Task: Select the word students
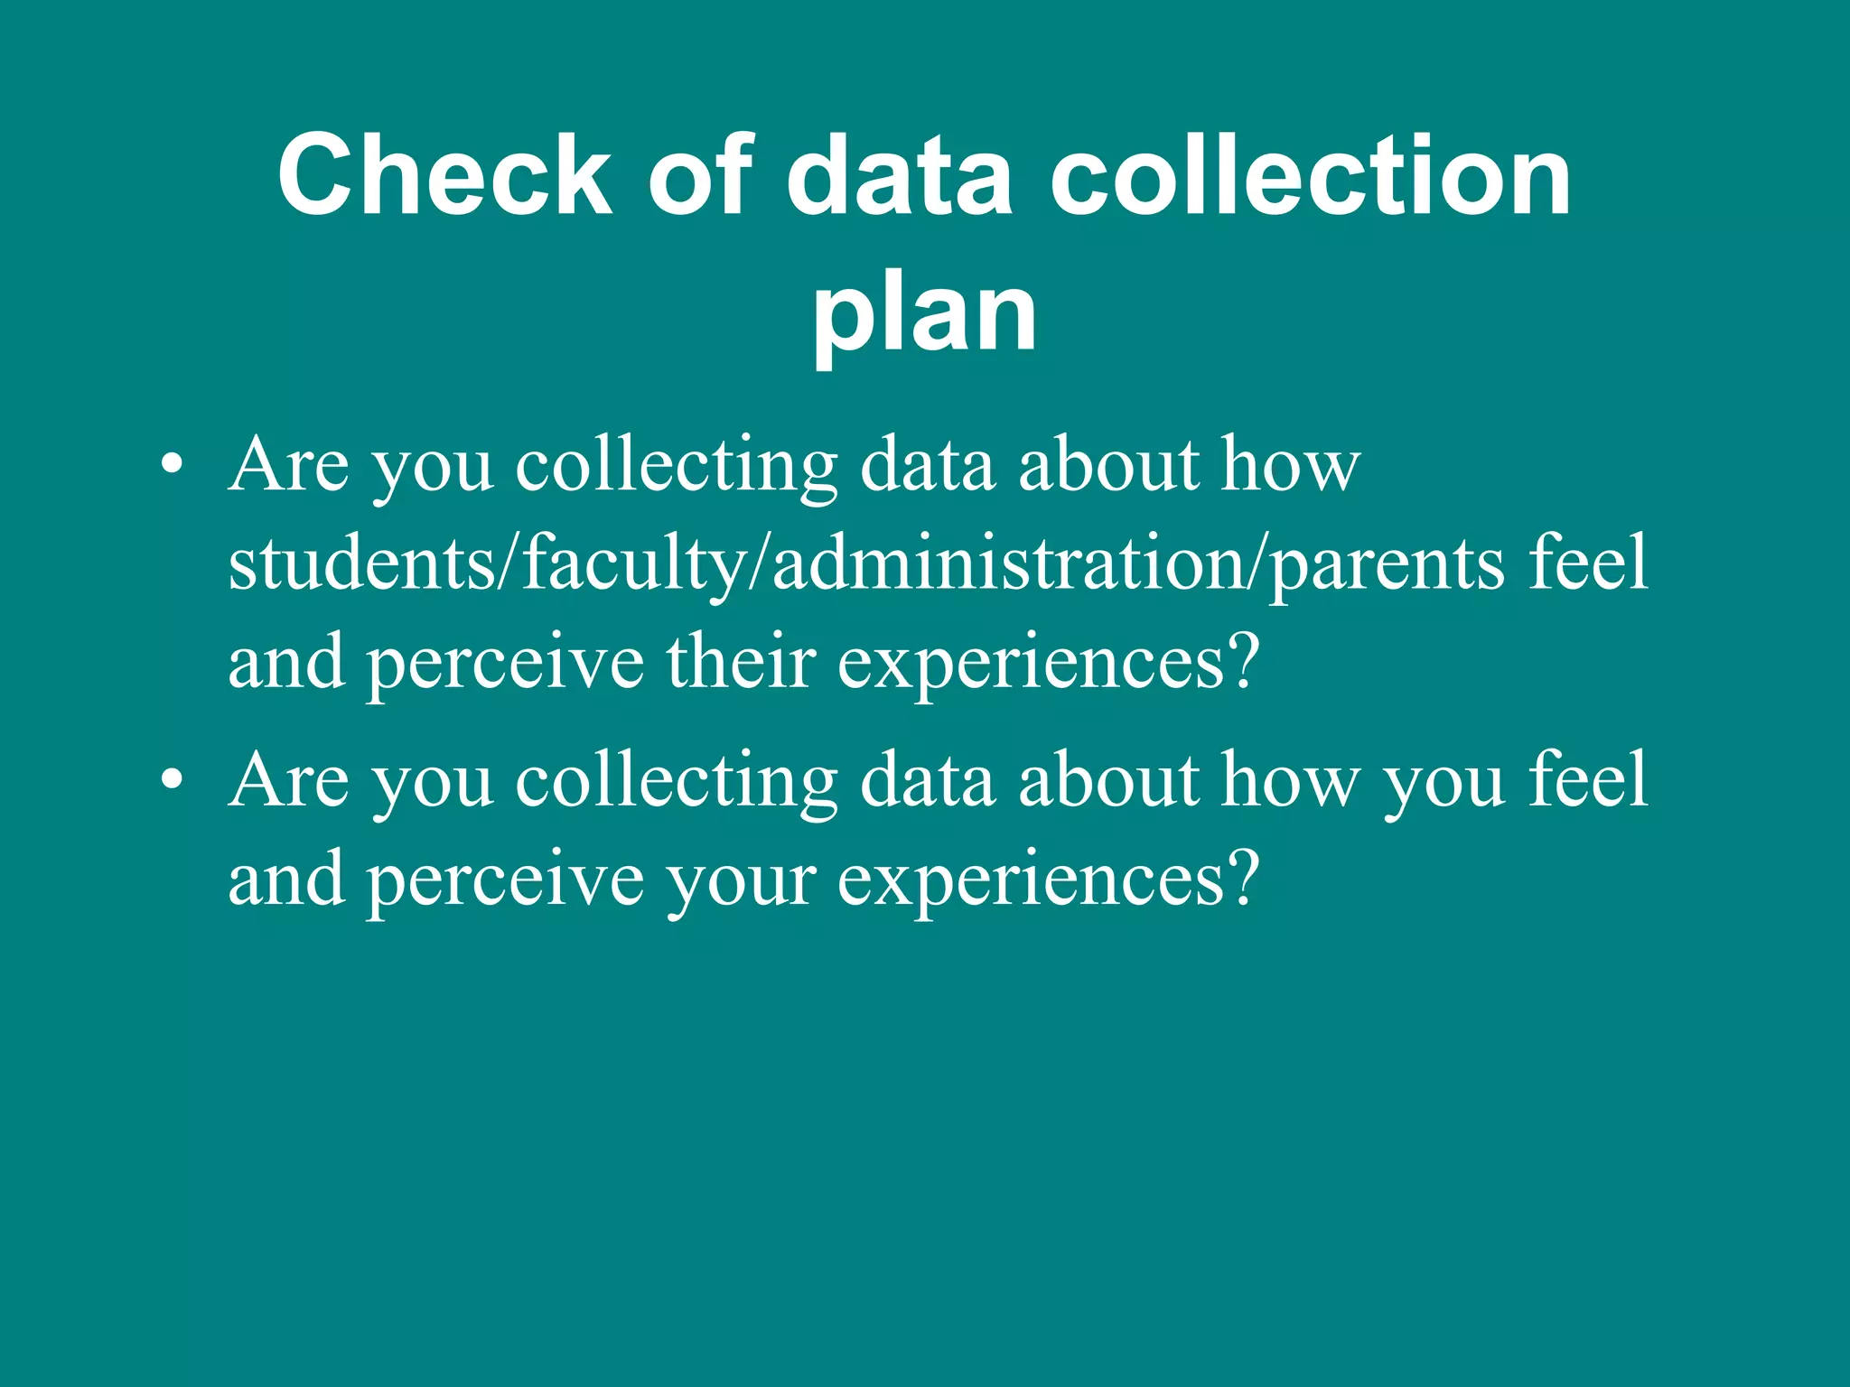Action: pos(362,563)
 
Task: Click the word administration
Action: pos(1008,563)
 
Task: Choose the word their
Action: pos(741,662)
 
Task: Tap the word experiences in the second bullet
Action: pos(1030,881)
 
